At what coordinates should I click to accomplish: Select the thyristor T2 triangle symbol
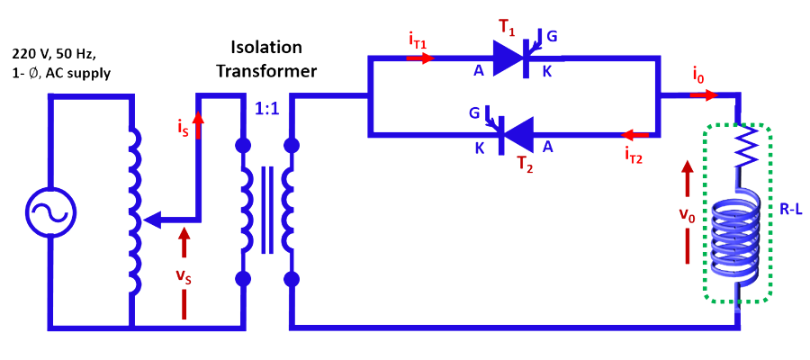(x=517, y=136)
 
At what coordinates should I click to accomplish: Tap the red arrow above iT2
(x=636, y=136)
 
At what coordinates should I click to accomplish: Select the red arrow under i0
(x=706, y=94)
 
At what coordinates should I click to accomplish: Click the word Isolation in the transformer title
(x=266, y=47)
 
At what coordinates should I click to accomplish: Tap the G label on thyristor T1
(x=552, y=36)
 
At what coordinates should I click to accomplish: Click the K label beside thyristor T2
(x=480, y=148)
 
